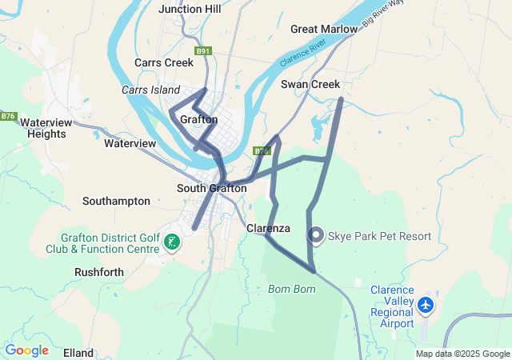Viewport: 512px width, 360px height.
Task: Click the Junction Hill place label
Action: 190,9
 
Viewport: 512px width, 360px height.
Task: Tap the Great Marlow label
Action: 324,29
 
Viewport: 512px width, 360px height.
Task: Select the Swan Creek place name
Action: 310,84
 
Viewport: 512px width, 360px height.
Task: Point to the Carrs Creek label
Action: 164,62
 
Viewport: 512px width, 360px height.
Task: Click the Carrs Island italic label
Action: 151,90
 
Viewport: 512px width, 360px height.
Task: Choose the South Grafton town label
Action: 211,189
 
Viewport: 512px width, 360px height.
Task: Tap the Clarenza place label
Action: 268,229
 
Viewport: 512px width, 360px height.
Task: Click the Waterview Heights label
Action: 46,128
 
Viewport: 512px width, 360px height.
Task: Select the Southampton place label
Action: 116,201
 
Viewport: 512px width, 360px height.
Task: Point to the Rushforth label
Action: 99,272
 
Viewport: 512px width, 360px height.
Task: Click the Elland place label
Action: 78,352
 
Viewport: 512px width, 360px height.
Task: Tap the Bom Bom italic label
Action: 287,288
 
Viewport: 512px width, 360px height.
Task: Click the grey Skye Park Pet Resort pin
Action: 316,235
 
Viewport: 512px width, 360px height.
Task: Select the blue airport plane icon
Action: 426,305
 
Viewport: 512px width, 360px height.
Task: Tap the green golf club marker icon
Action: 170,242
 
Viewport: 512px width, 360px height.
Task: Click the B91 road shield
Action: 203,51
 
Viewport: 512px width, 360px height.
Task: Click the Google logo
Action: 26,350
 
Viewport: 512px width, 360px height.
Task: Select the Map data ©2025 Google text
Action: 462,354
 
